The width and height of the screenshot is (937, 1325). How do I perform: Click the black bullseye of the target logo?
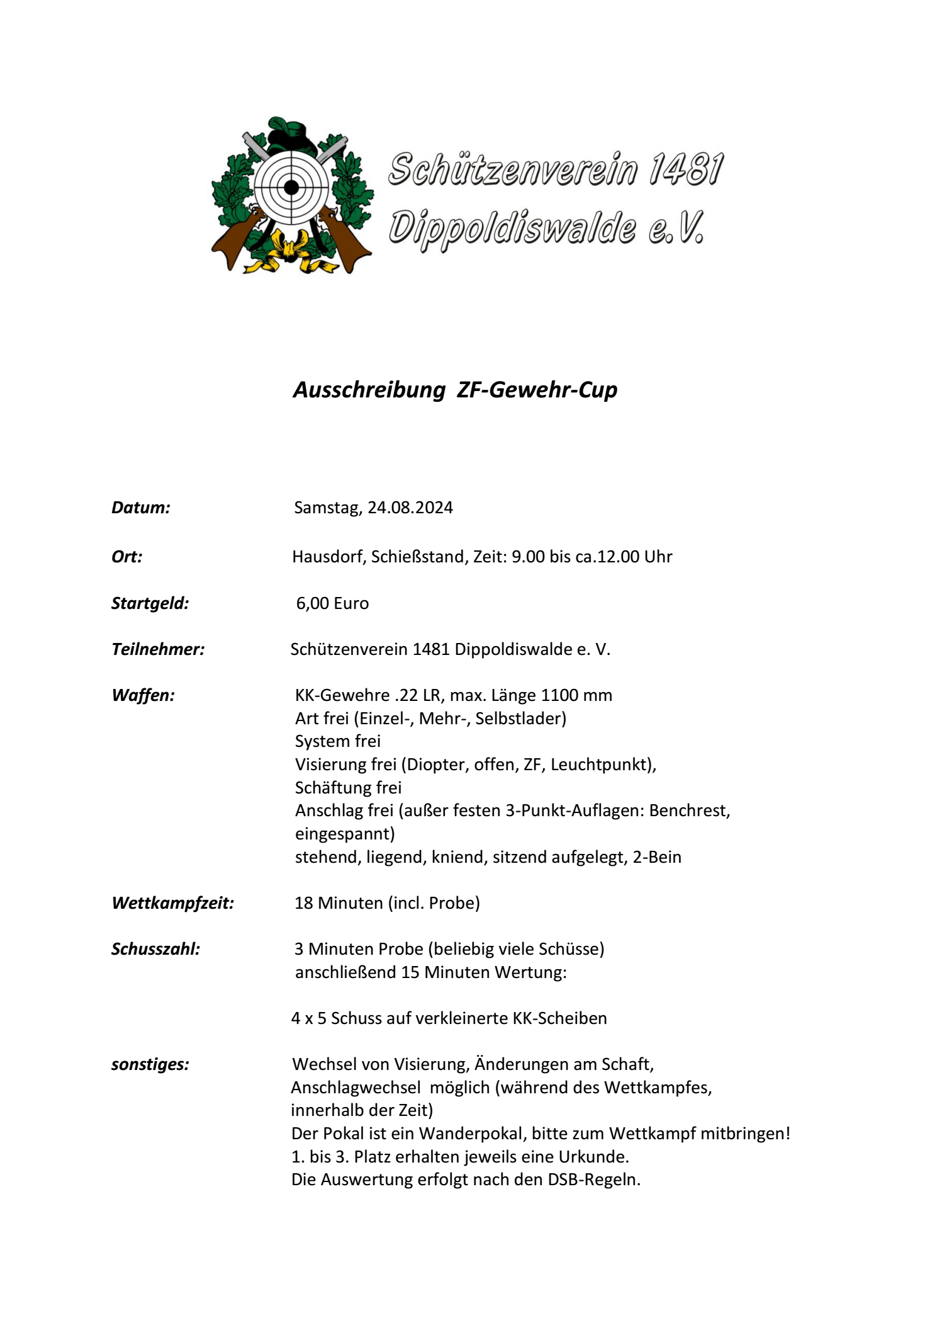pyautogui.click(x=291, y=187)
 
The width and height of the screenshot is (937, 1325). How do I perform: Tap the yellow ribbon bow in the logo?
pyautogui.click(x=291, y=252)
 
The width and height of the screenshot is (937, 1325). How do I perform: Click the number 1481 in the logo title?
pyautogui.click(x=687, y=169)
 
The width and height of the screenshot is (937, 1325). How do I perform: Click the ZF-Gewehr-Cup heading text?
pyautogui.click(x=537, y=390)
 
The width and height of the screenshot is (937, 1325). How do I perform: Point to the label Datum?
pyautogui.click(x=141, y=508)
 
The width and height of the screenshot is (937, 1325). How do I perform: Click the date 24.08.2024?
pyautogui.click(x=410, y=508)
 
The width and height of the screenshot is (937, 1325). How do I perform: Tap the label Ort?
pyautogui.click(x=127, y=557)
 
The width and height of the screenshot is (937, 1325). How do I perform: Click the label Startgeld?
pyautogui.click(x=150, y=603)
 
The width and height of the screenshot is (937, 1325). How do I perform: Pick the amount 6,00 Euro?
pyautogui.click(x=332, y=603)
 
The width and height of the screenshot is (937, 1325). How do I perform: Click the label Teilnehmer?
pyautogui.click(x=158, y=649)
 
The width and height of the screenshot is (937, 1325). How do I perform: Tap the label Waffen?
pyautogui.click(x=143, y=695)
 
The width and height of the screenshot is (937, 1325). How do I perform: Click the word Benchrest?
pyautogui.click(x=689, y=810)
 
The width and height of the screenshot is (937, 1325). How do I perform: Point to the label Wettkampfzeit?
pyautogui.click(x=172, y=903)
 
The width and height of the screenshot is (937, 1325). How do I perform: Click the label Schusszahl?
pyautogui.click(x=155, y=949)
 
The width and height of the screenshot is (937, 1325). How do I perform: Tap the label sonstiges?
pyautogui.click(x=150, y=1064)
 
